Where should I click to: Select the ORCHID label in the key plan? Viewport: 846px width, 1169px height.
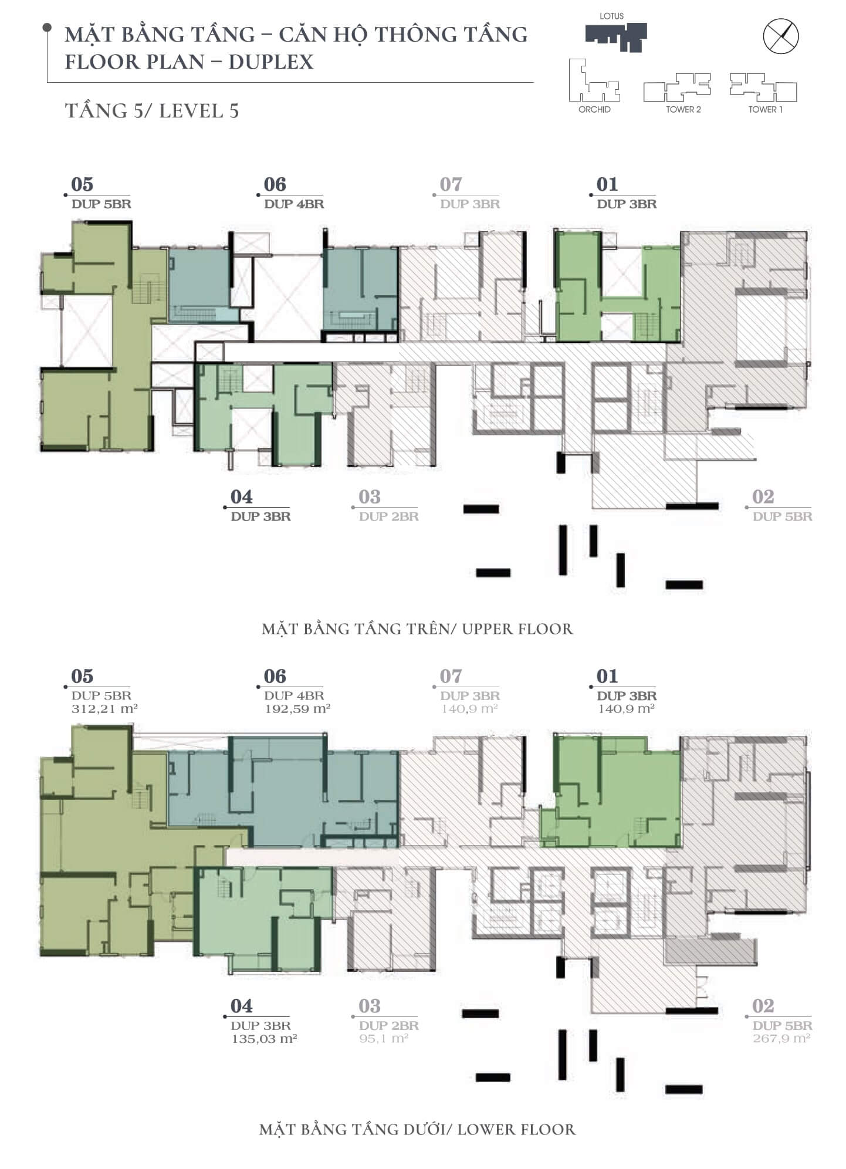[x=594, y=110]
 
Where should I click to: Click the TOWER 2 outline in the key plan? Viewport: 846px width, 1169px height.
[x=678, y=87]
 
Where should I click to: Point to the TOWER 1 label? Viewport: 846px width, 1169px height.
[x=765, y=110]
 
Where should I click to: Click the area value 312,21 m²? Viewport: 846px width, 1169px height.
[x=104, y=709]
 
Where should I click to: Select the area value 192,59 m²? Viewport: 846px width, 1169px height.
[x=297, y=709]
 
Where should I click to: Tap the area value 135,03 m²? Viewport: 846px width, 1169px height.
[x=264, y=1039]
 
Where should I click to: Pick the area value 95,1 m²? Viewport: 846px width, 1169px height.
[x=384, y=1039]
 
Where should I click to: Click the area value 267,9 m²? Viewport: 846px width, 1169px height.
[x=781, y=1039]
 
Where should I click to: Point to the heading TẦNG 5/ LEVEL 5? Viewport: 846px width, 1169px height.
[x=152, y=111]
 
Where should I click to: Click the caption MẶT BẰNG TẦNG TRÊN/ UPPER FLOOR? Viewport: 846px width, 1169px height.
[x=417, y=629]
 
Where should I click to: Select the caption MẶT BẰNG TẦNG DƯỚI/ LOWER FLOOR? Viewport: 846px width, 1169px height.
[x=417, y=1130]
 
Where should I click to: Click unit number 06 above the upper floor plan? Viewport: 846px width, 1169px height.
[x=275, y=184]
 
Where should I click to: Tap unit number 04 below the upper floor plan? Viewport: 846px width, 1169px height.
[x=242, y=497]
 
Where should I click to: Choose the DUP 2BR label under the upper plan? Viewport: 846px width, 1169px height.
[x=389, y=517]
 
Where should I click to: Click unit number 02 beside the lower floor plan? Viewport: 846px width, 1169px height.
[x=763, y=1006]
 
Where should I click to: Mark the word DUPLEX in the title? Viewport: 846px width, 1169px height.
[x=271, y=62]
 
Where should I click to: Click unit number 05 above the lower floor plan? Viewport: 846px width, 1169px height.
[x=82, y=676]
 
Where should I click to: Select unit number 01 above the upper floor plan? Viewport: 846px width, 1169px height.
[x=607, y=184]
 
